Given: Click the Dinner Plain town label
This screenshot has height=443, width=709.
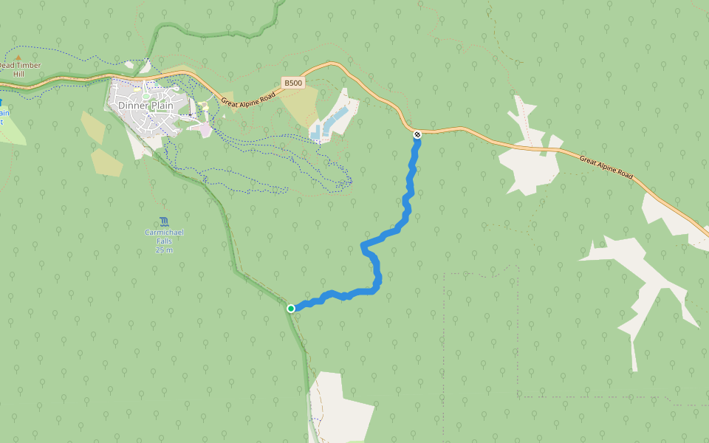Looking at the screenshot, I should [x=145, y=106].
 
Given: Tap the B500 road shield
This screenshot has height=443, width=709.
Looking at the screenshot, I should [x=293, y=83].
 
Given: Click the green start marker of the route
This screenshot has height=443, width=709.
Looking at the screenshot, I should [x=291, y=308].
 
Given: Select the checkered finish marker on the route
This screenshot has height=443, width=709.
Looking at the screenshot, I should [x=417, y=134].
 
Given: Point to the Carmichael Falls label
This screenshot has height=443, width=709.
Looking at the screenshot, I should [x=164, y=237].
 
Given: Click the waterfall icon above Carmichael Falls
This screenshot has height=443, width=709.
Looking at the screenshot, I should [x=163, y=221].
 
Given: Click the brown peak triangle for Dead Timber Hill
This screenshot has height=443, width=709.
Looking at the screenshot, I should [x=19, y=56].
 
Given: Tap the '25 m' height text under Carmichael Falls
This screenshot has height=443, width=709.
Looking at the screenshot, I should [x=164, y=250].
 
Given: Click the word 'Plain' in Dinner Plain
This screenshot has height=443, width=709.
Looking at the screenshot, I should [x=161, y=106].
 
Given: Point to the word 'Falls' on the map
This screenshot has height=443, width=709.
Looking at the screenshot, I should [x=164, y=241].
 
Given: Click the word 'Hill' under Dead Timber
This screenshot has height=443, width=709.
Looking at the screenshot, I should [x=19, y=75].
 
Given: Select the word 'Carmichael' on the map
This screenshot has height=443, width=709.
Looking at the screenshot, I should [x=164, y=233].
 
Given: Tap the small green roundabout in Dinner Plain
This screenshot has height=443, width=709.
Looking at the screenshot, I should [x=146, y=95].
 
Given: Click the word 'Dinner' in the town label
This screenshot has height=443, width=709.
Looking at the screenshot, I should [x=132, y=106].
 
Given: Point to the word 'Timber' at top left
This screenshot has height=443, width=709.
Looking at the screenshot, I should [x=28, y=65].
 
